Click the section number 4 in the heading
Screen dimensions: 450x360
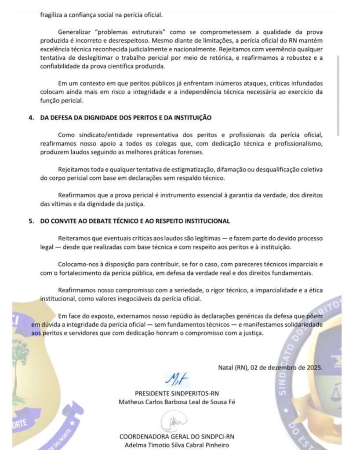point(30,118)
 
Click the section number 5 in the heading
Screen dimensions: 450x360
point(30,221)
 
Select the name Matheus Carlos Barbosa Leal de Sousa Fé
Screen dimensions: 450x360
point(177,402)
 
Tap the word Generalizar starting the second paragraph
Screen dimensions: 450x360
point(75,32)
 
